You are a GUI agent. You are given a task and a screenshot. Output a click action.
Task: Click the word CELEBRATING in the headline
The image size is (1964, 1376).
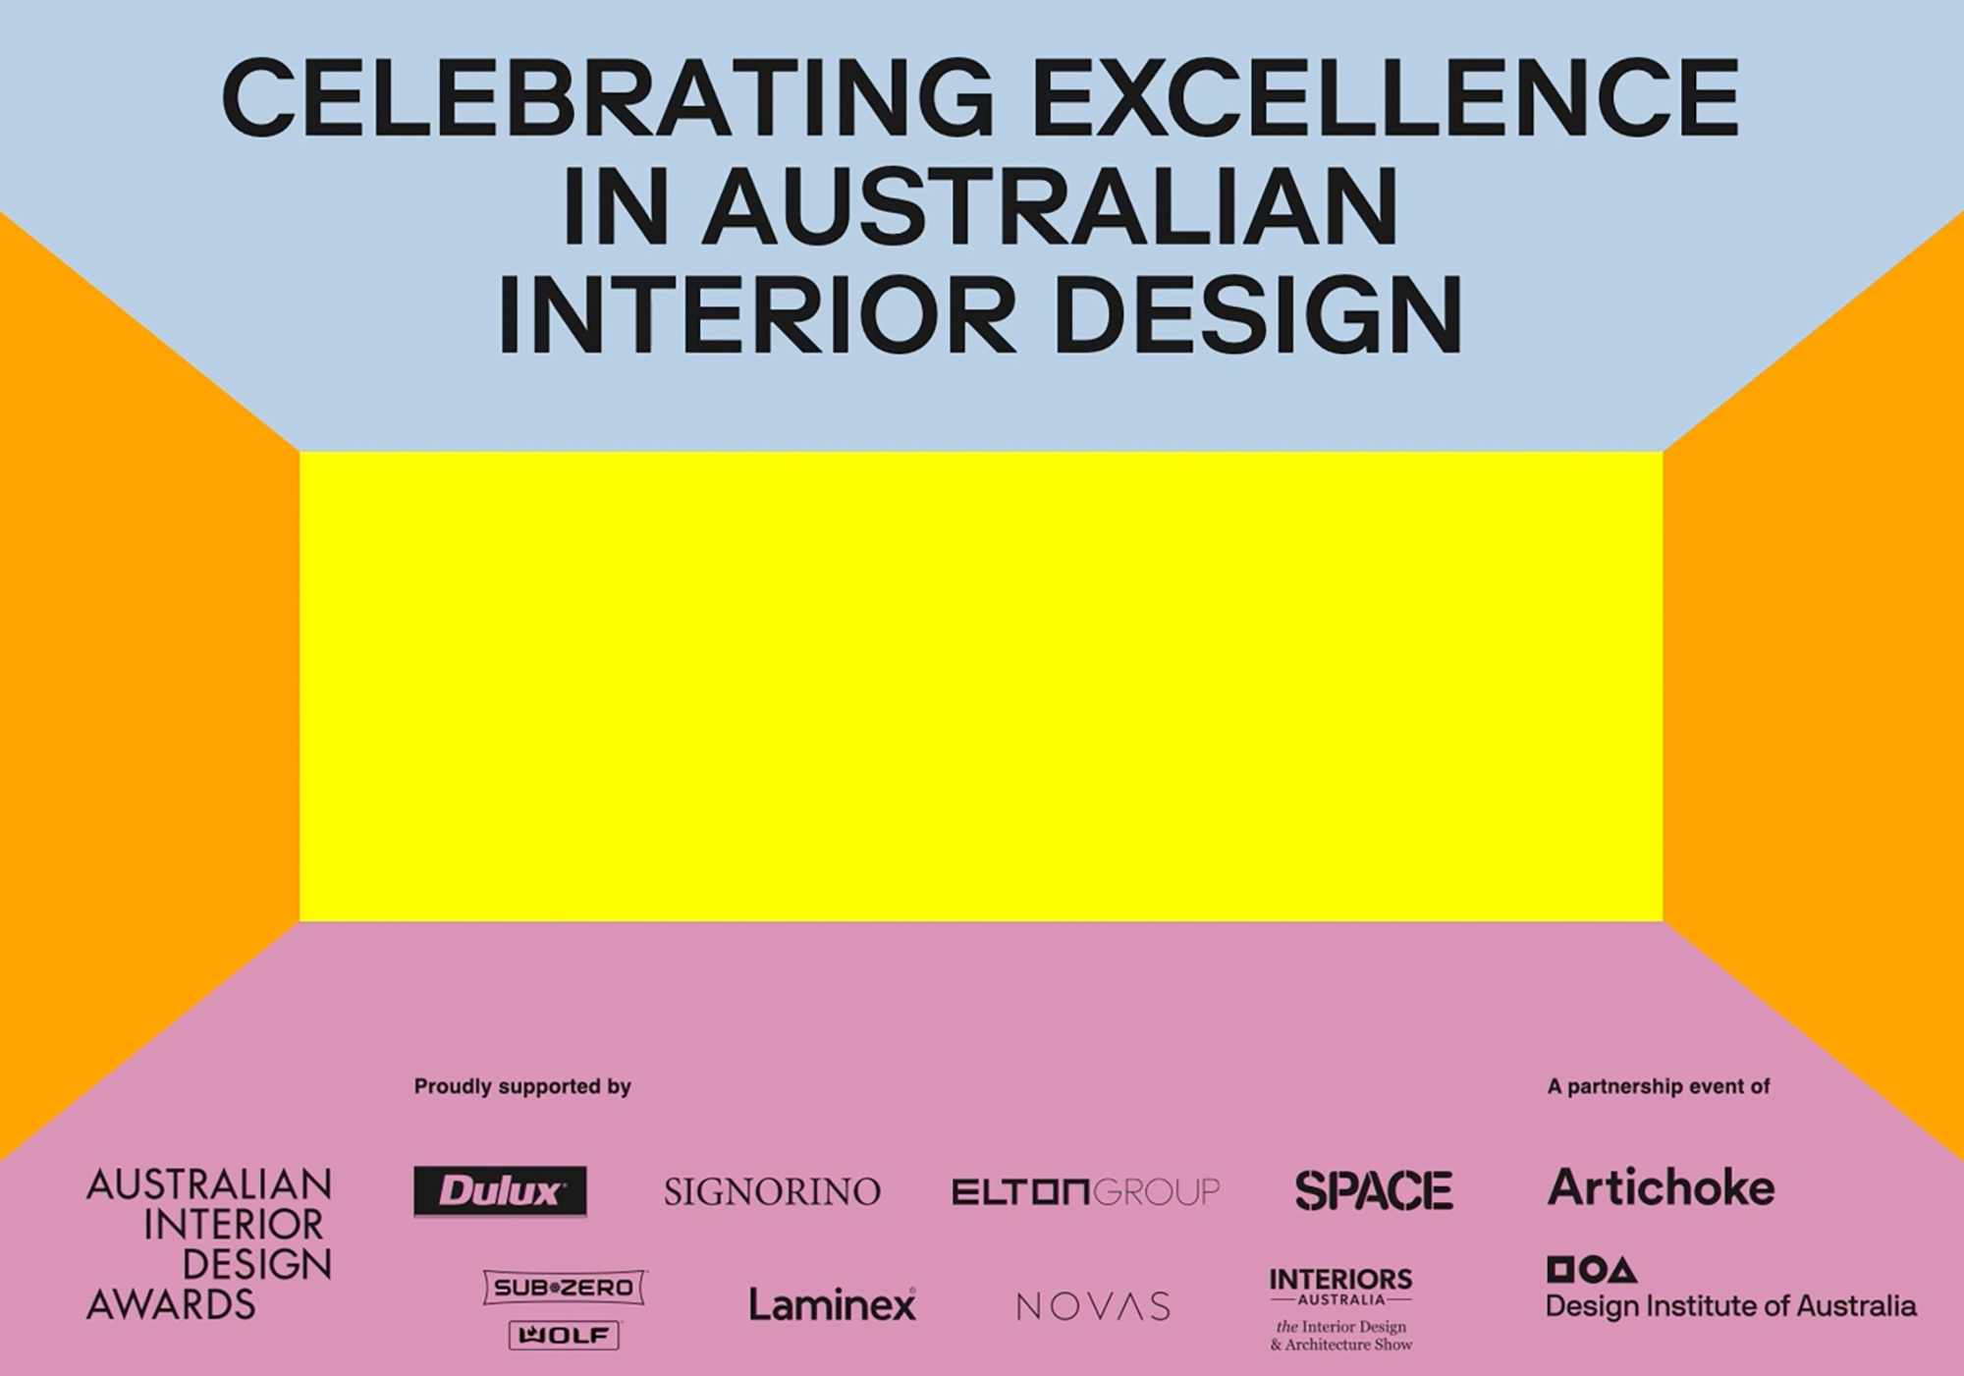coord(609,97)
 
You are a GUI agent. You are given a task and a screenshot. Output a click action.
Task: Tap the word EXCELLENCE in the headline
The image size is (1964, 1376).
coord(1386,97)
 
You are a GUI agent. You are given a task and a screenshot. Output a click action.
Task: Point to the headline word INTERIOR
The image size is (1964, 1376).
coord(757,315)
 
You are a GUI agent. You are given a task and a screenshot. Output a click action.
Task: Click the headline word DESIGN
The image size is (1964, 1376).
coord(1258,315)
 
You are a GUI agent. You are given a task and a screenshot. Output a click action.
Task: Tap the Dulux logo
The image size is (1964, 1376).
coord(500,1191)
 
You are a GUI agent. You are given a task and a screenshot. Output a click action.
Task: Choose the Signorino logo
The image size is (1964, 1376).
coord(772,1192)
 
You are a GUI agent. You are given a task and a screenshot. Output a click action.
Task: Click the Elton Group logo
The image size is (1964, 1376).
coord(1085,1192)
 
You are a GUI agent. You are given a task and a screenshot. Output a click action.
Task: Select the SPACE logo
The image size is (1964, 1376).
coord(1374,1191)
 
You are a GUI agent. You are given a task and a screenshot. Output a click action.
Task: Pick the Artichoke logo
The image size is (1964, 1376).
coord(1662,1187)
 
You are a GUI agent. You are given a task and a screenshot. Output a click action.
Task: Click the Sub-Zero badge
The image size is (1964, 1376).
coord(564,1288)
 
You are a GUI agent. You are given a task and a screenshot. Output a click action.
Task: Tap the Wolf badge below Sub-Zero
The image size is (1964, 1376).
coord(564,1336)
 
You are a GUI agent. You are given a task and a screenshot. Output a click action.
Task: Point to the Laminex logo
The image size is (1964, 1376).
coord(832,1304)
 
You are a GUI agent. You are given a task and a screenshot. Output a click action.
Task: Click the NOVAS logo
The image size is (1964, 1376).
coord(1093,1306)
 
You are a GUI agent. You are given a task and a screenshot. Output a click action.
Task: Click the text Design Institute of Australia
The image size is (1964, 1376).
coord(1731,1306)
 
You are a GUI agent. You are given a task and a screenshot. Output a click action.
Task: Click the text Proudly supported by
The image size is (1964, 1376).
coord(522,1087)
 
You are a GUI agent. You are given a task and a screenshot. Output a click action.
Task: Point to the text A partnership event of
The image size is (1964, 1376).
coord(1659,1087)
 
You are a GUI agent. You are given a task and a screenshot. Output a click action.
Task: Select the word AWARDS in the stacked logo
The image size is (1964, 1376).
coord(171,1305)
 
